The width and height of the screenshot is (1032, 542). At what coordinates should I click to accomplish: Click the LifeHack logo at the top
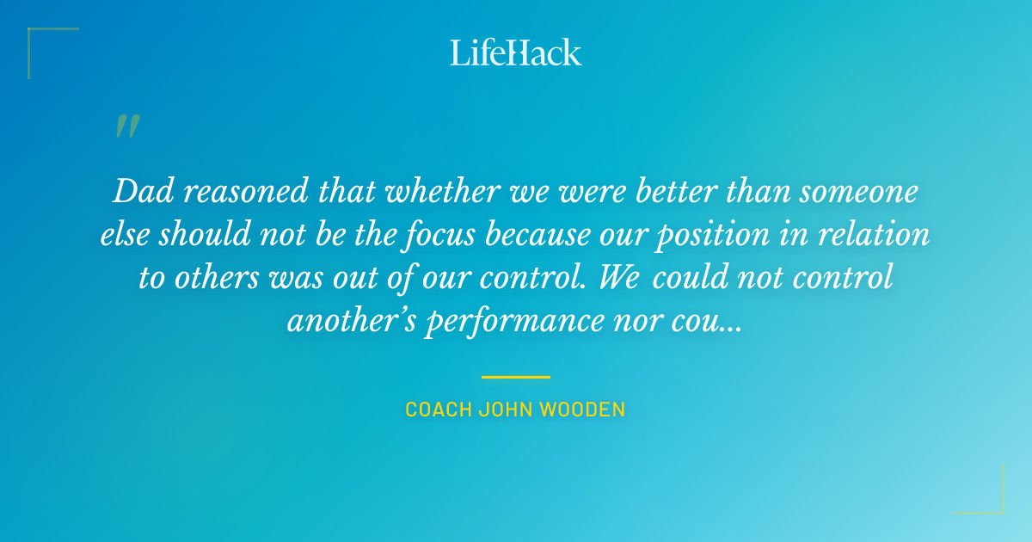[515, 52]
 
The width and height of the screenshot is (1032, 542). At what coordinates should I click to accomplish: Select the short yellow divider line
[515, 377]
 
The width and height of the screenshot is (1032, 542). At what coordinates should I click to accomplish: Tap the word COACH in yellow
[439, 410]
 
